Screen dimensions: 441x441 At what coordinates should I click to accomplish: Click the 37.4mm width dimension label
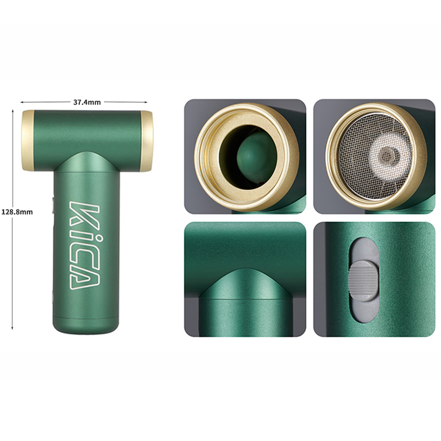point(87,102)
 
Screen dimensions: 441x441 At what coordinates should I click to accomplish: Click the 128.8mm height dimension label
point(17,212)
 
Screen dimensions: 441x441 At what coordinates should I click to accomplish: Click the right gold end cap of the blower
point(147,141)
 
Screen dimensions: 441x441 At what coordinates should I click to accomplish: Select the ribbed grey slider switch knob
point(364,281)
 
